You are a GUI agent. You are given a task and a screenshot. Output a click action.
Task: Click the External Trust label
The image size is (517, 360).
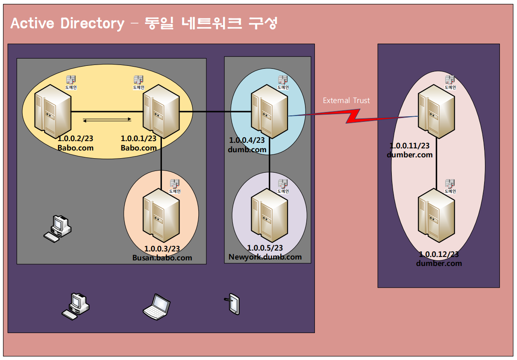[x=346, y=101]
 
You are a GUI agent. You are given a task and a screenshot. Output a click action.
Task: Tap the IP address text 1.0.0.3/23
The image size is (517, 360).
[x=162, y=249]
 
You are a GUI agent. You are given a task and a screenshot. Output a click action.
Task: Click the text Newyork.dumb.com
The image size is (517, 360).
[x=265, y=257]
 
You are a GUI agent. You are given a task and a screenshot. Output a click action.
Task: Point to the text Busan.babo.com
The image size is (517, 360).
[x=162, y=258]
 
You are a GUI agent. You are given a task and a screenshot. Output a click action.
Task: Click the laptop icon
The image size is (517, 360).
[x=156, y=307]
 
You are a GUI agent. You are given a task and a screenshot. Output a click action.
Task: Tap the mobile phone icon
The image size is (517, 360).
[x=233, y=304]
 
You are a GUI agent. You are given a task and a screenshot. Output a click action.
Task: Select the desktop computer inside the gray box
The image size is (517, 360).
[x=57, y=229]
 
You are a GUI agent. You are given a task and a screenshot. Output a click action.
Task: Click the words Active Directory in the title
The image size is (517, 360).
[x=67, y=23]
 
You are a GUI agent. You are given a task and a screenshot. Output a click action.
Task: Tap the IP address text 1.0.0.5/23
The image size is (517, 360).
[x=265, y=248]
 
